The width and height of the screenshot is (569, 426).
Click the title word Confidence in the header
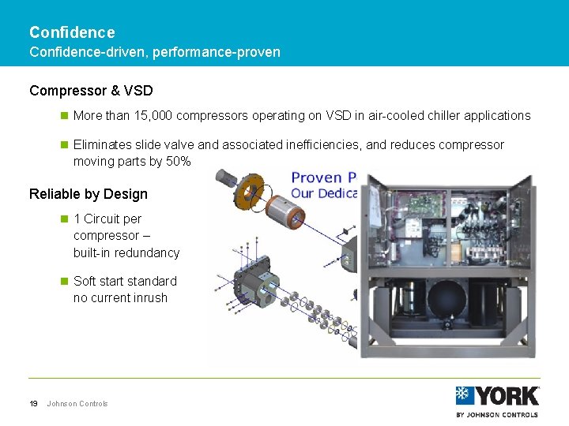point(72,32)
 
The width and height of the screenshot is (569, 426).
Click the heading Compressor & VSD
point(91,91)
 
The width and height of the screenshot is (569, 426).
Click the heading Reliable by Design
point(88,194)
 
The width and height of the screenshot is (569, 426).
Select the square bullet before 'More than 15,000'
point(65,115)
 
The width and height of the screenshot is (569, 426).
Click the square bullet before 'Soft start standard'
point(65,281)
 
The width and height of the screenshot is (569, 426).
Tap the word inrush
point(150,297)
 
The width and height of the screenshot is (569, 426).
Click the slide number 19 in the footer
point(34,404)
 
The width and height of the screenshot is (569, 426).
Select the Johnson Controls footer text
point(77,404)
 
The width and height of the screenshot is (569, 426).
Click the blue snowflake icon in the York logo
point(465,395)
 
